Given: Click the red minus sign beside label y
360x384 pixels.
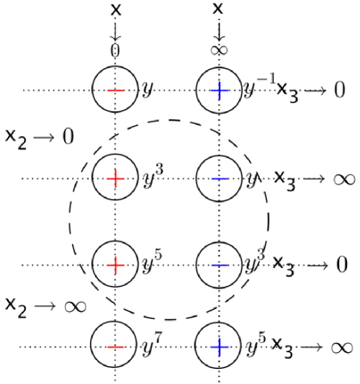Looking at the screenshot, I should click(115, 90).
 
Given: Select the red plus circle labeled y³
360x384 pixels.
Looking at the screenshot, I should click(115, 177).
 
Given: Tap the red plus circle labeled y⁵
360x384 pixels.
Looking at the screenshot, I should click(115, 264).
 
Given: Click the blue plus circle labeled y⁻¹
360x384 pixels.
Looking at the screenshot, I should click(219, 90).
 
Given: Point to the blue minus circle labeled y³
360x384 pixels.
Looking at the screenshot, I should click(219, 264).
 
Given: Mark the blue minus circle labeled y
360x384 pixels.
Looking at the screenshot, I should click(219, 177).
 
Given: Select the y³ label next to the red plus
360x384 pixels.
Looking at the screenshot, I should click(153, 172).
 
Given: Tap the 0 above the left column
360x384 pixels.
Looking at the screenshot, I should click(115, 50).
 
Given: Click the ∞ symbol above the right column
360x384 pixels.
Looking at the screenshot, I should click(219, 51).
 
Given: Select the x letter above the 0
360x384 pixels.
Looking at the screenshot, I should click(115, 9).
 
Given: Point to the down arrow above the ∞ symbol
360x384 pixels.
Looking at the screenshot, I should click(219, 30).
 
